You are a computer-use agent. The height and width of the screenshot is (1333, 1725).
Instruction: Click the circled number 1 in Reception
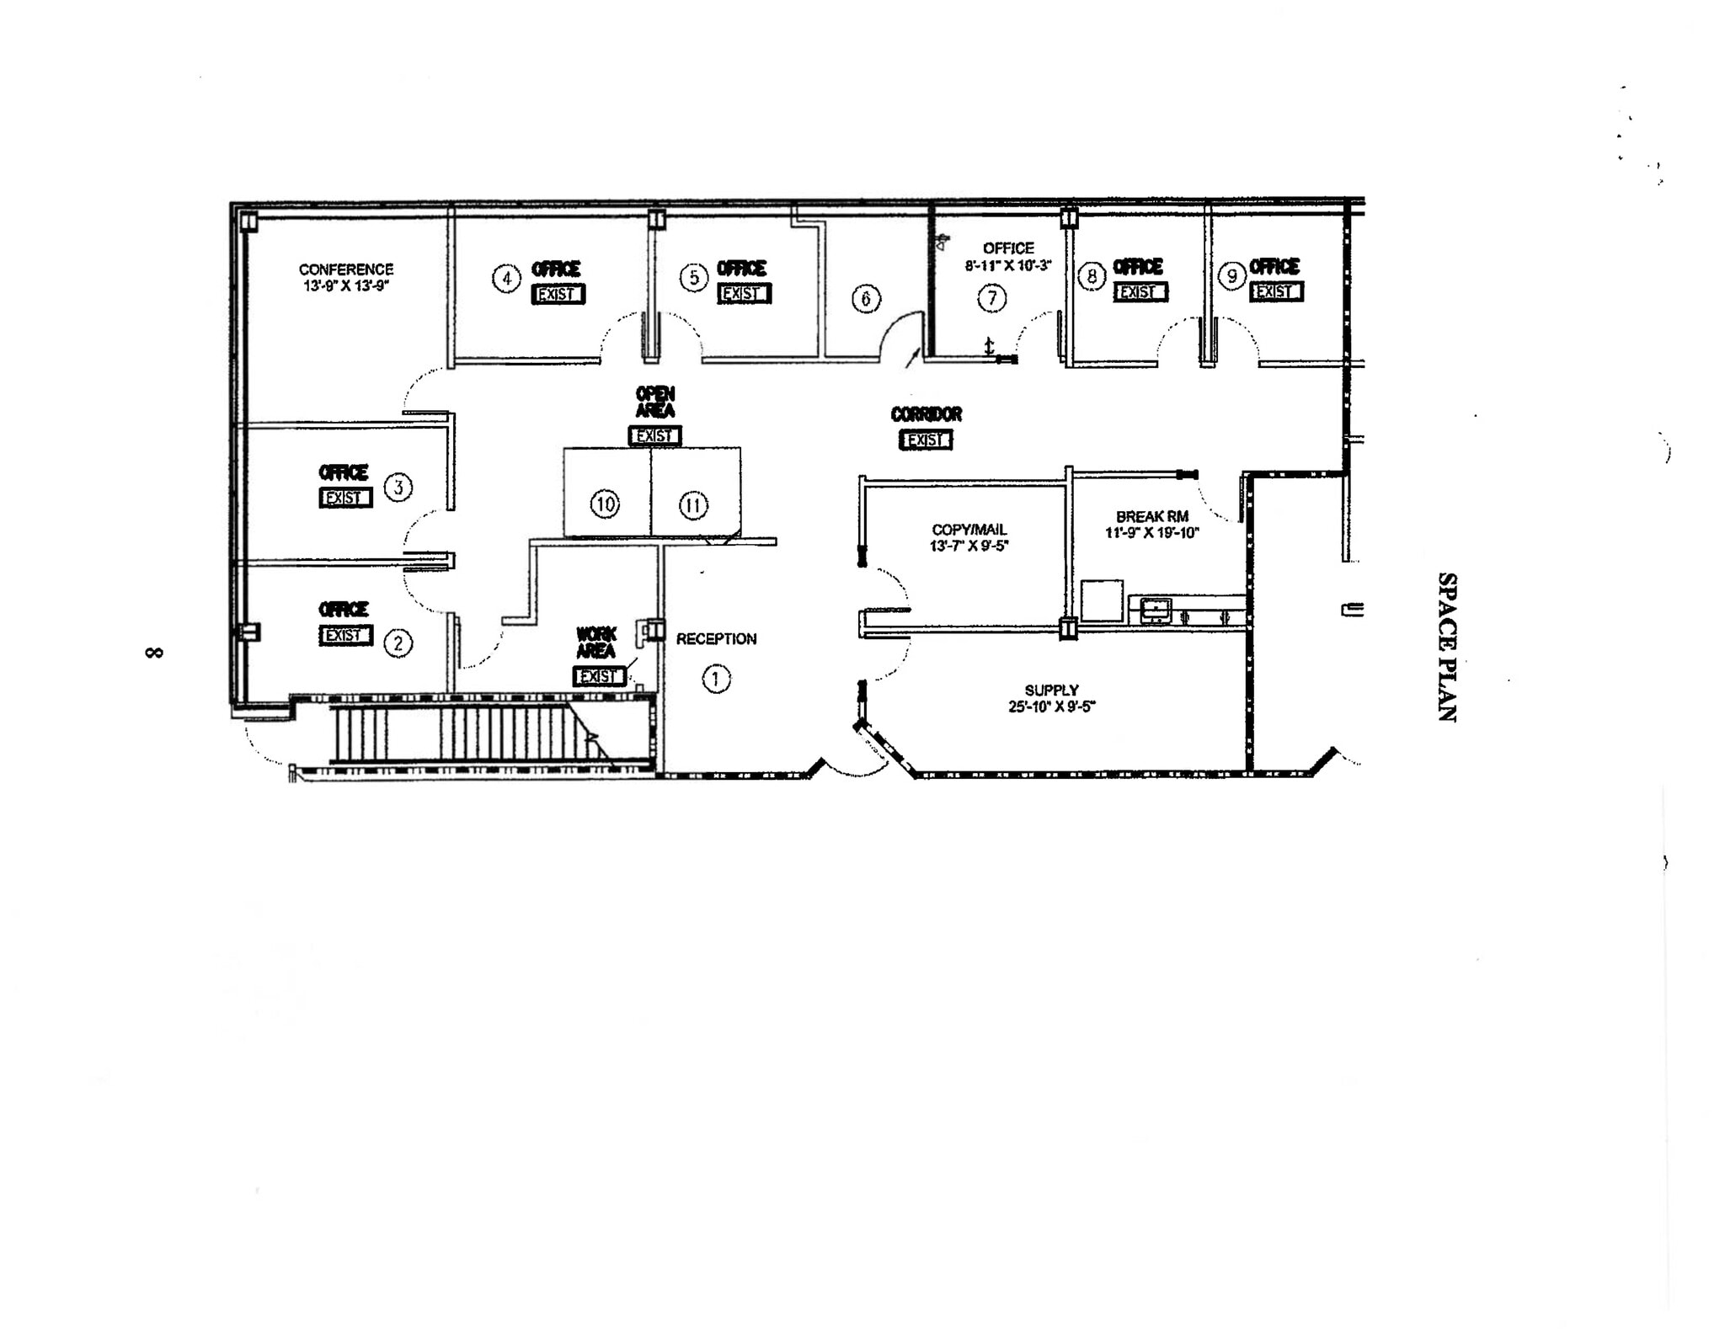(716, 679)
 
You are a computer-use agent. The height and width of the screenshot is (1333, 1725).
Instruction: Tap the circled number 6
(866, 298)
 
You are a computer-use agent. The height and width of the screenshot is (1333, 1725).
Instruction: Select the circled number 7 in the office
(991, 297)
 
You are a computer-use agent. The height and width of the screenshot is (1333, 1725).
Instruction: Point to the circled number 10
(605, 504)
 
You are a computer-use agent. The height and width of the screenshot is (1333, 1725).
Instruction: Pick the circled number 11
(693, 505)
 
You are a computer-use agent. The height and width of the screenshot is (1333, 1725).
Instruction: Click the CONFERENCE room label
(346, 269)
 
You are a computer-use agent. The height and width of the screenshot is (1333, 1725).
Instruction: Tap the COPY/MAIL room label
(969, 530)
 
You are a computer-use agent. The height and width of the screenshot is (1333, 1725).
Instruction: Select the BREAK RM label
(1151, 516)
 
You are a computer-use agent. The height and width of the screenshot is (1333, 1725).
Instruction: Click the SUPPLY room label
(1051, 690)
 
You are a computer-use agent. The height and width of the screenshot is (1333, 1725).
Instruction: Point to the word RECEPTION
(716, 639)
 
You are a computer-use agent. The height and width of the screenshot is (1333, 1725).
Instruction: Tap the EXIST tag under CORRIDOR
(926, 440)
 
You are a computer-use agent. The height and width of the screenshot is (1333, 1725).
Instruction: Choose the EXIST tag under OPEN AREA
(654, 436)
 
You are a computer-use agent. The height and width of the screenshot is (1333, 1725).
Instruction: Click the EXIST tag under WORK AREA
(599, 676)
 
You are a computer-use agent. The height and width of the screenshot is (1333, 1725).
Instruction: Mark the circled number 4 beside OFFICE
(506, 278)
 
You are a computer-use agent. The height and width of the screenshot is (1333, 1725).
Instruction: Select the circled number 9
(1232, 275)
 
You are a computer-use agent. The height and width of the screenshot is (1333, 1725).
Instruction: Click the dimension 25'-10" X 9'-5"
(1051, 707)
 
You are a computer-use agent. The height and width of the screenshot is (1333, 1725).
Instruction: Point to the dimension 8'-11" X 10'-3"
(1008, 264)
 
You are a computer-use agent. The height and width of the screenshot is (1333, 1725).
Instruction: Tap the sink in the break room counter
(1156, 609)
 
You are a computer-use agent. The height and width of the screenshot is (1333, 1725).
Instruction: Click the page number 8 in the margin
(154, 653)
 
